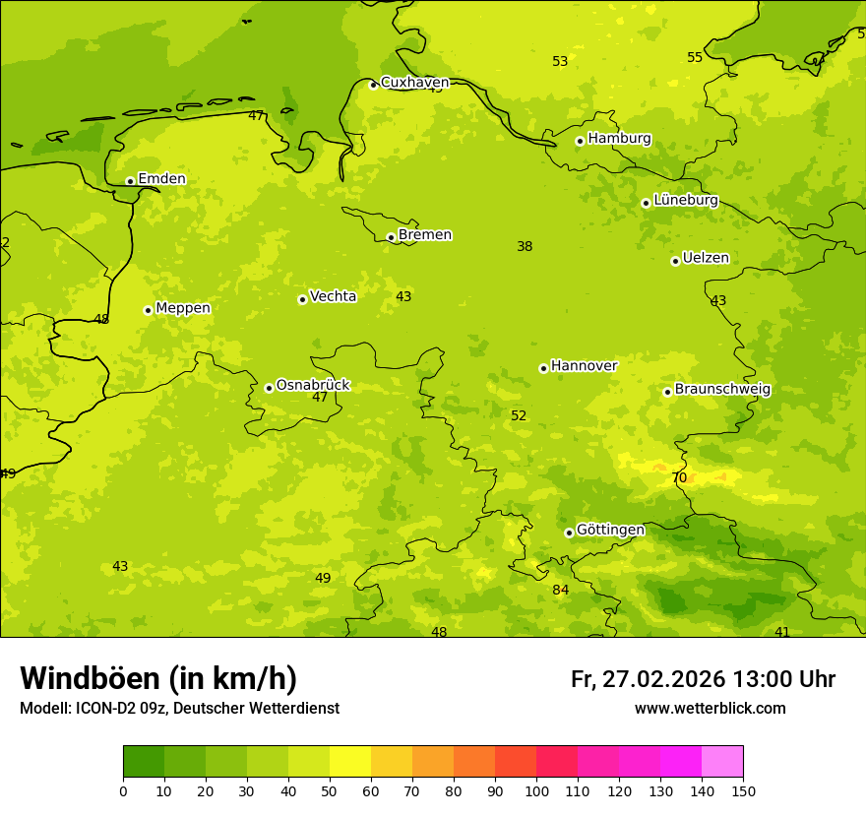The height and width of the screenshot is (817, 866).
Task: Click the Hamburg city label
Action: (x=619, y=139)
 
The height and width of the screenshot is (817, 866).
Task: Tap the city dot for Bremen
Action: (x=391, y=237)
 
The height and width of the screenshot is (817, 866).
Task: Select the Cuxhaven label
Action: (x=414, y=83)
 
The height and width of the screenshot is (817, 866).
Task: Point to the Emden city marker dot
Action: (x=130, y=181)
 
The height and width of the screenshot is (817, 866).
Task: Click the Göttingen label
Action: (x=610, y=531)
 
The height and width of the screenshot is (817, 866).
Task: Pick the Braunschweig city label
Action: (x=722, y=390)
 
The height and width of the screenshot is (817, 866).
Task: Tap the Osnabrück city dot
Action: (x=269, y=388)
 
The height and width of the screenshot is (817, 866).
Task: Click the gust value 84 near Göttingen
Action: (x=560, y=591)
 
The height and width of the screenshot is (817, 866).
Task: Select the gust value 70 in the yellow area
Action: (x=679, y=478)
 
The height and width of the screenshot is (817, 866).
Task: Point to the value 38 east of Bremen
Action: (x=525, y=247)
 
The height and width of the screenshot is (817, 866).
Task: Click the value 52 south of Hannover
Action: (x=519, y=416)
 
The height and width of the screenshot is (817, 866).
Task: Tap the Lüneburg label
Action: (x=686, y=201)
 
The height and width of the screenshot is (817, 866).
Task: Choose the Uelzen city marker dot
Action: (x=675, y=261)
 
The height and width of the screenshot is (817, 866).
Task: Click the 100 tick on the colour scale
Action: (x=536, y=790)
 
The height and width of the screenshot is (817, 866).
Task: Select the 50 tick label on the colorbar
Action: (x=330, y=790)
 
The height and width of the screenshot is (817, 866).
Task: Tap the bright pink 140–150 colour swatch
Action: (x=722, y=761)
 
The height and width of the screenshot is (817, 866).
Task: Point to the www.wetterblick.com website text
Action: (x=710, y=709)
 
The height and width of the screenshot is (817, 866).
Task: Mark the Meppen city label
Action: (x=183, y=308)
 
